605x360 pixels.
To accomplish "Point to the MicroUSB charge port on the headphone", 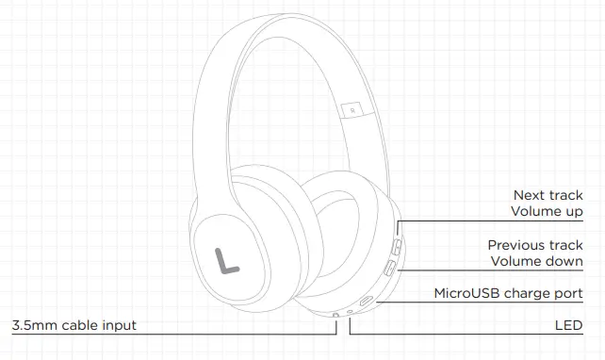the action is pos(367,304).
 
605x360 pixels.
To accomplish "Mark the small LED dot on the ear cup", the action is pos(351,312).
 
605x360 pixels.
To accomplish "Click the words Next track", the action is pos(548,195).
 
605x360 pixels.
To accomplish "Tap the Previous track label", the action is pos(535,244).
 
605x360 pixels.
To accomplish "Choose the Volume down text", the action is pos(537,261).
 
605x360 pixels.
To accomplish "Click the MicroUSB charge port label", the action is pos(508,293).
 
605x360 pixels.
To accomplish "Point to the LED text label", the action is pos(569,325).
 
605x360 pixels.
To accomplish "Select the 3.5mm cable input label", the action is pos(74,325).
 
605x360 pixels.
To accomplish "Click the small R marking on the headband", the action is pos(351,110).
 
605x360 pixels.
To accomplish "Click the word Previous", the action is pos(517,244).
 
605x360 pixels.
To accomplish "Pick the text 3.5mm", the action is pos(33,325).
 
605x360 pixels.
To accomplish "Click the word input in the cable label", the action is pos(117,325).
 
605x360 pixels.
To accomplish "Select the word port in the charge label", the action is pos(567,293).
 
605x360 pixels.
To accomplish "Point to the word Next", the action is pos(528,195).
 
